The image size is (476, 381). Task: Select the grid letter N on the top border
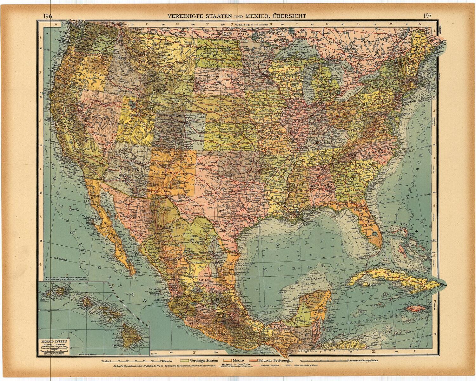420,24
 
